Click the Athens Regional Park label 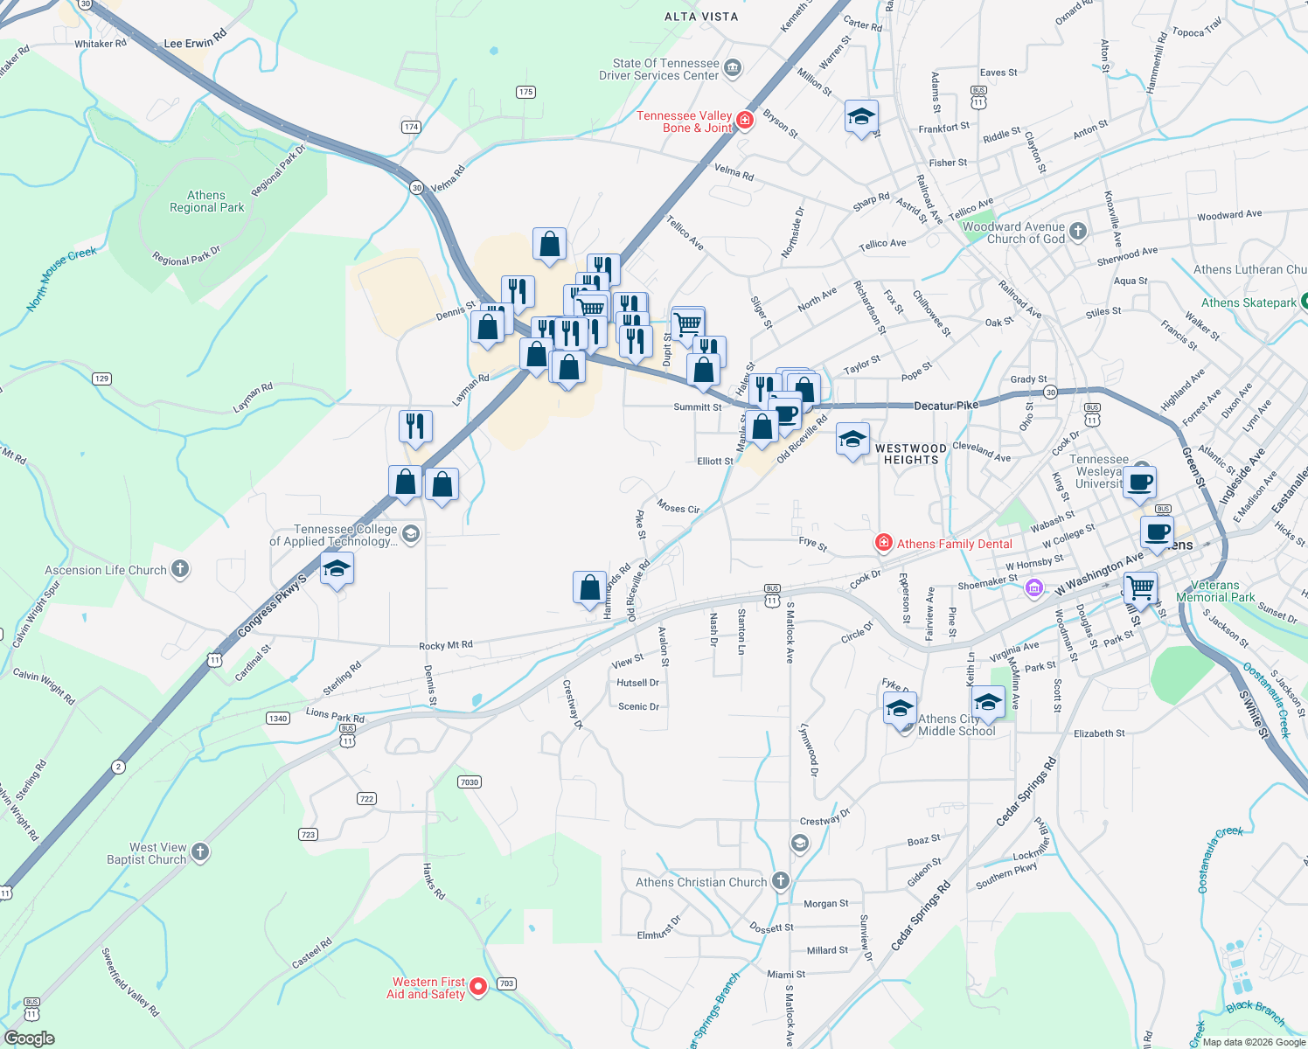click(207, 202)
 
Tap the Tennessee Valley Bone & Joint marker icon click(745, 120)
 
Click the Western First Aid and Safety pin click(478, 987)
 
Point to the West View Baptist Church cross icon click(200, 852)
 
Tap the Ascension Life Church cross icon click(180, 570)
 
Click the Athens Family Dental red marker click(884, 544)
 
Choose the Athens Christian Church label click(700, 882)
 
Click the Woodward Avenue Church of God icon click(1078, 232)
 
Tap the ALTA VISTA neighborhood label click(701, 17)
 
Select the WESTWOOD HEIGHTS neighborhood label click(910, 454)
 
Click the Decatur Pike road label click(945, 406)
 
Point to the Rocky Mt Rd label click(446, 645)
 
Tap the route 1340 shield click(278, 718)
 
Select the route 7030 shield click(470, 782)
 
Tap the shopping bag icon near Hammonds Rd click(590, 587)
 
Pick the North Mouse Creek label click(61, 278)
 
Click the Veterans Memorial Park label click(1215, 592)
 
